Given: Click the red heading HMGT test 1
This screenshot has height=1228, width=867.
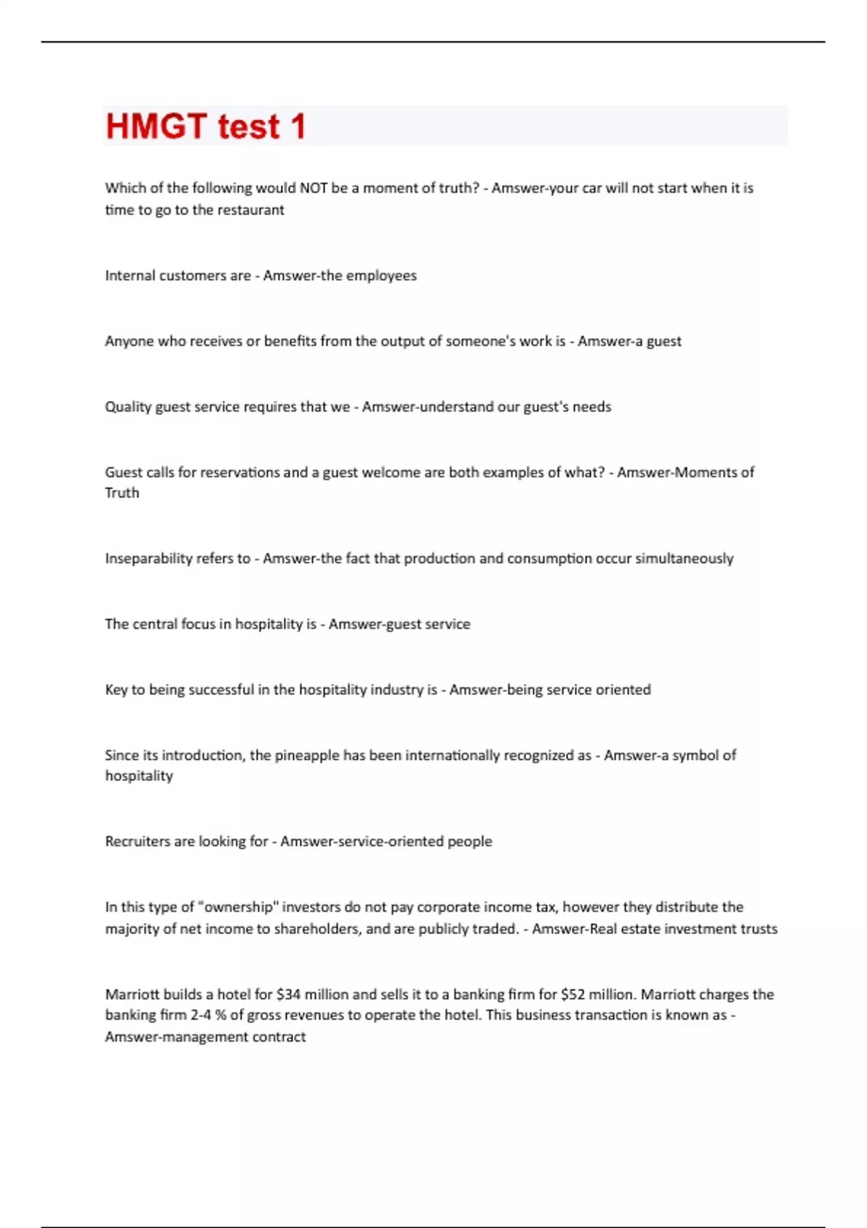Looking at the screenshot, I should click(206, 126).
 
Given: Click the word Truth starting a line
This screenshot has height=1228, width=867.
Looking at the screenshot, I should click(122, 493).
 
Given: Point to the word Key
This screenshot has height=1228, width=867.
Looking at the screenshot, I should click(116, 690).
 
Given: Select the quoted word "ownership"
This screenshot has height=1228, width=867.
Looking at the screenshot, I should click(238, 907).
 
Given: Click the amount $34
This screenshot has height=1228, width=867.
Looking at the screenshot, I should click(288, 995).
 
